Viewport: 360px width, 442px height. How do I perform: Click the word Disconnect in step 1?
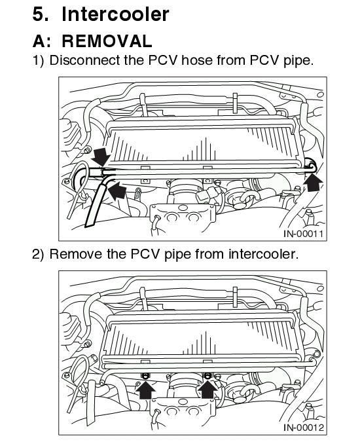pos(83,61)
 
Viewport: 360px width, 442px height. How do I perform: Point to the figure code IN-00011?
pos(304,234)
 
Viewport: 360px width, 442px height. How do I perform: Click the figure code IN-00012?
pos(304,428)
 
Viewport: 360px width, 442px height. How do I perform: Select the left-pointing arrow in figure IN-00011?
pos(117,191)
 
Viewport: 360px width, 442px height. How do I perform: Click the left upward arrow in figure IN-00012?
pos(146,389)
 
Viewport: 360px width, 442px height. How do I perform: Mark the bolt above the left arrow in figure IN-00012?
pos(145,374)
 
